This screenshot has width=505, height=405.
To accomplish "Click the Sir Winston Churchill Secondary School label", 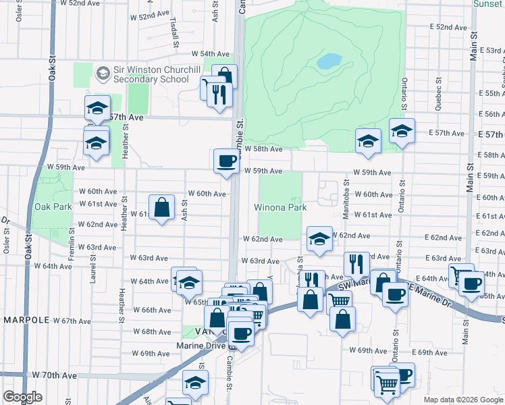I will tap(151, 74).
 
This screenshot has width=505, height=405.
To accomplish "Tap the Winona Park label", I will tap(280, 207).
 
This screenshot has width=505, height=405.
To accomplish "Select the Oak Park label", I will tap(52, 207).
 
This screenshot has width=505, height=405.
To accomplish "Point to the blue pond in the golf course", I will tap(329, 61).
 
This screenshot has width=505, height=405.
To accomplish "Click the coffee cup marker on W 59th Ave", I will tap(225, 161).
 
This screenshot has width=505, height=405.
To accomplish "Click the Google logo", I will tap(22, 397).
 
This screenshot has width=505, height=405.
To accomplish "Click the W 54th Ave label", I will tap(211, 53).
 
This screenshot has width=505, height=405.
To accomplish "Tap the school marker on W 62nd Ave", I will tap(319, 238).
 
